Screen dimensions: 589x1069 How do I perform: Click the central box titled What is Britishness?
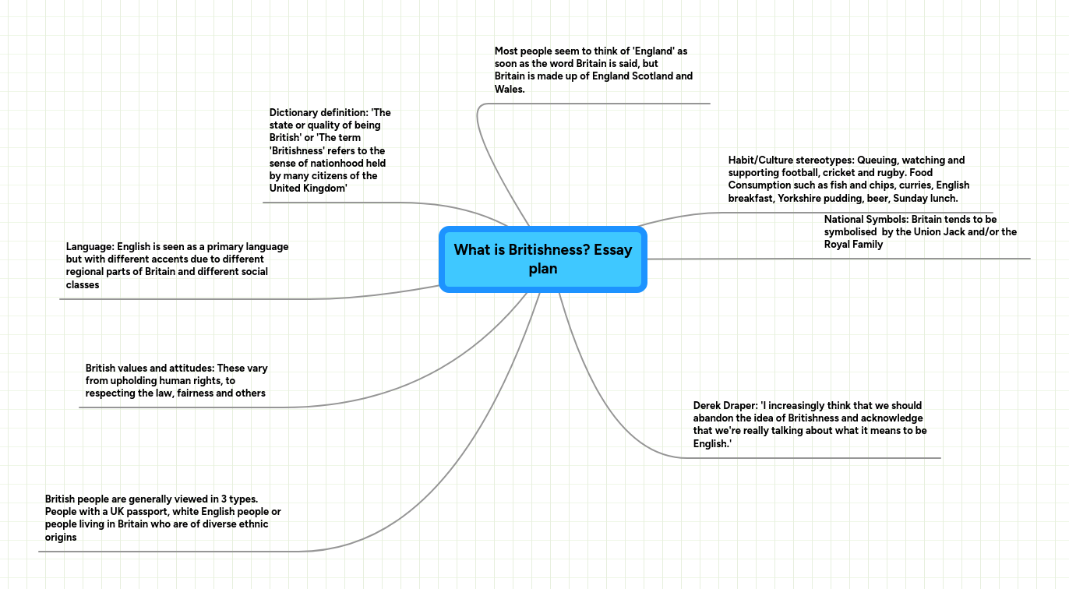(543, 259)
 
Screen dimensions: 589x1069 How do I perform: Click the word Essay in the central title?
(612, 250)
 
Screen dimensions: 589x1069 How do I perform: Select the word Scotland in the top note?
(649, 76)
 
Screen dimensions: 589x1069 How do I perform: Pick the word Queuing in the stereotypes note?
(877, 160)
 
